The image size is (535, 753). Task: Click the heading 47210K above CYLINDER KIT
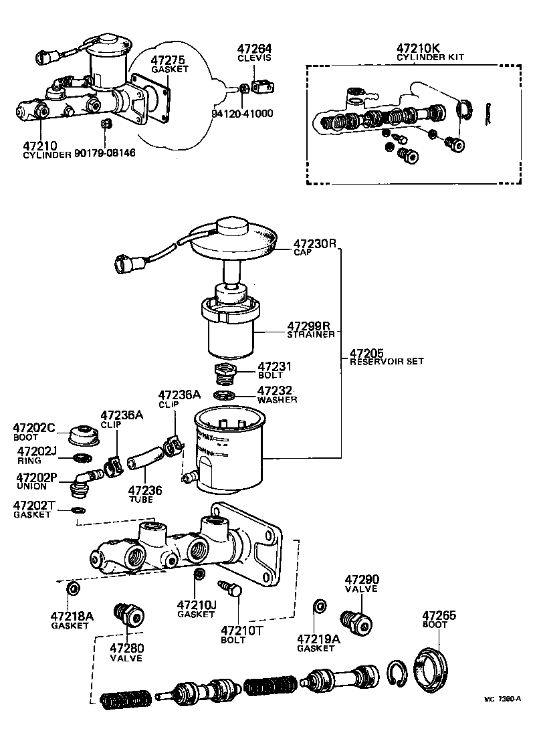(x=418, y=49)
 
